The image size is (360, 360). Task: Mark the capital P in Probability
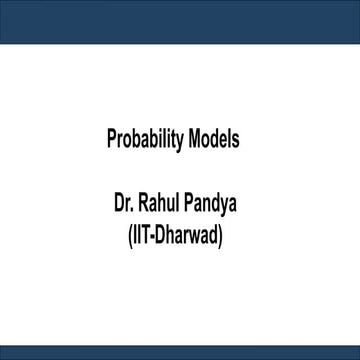(x=111, y=139)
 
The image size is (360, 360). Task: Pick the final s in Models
(x=235, y=140)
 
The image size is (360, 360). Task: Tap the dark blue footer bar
(x=180, y=352)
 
